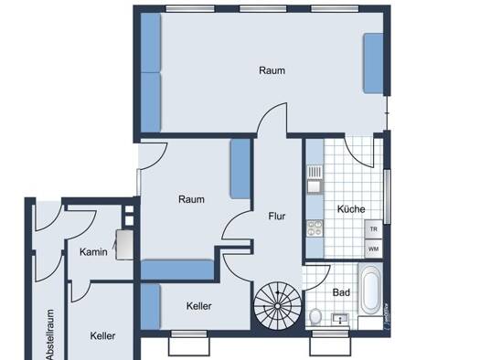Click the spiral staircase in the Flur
(277, 306)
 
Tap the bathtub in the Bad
(370, 290)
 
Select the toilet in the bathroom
(315, 316)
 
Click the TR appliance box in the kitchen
(373, 229)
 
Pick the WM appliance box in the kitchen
(373, 249)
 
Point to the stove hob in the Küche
(315, 228)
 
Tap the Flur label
(277, 216)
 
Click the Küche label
(351, 209)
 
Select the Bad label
(341, 292)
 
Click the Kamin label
(93, 252)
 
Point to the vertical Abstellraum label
(50, 334)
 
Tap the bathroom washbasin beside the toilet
(340, 319)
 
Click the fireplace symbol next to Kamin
(124, 245)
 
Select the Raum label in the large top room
(272, 70)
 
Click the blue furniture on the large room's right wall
(373, 63)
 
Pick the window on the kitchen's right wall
(388, 196)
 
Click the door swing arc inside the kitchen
(358, 152)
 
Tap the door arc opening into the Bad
(317, 278)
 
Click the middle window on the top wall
(263, 8)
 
